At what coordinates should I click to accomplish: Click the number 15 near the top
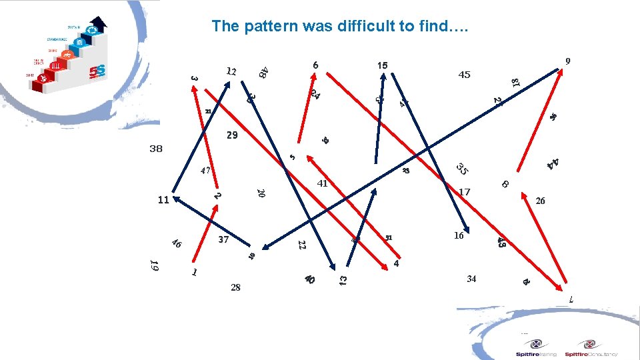coord(382,65)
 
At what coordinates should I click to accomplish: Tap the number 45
coord(464,75)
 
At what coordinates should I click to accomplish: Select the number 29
coord(231,135)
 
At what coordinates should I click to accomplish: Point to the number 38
coord(155,149)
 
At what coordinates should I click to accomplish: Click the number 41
coord(323,183)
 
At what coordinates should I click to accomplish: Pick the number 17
coord(464,192)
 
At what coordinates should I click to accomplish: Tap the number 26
coord(540,201)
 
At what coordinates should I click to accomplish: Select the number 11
coord(163,199)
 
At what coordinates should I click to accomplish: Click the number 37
coord(223,239)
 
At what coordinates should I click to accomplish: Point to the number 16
coord(459,235)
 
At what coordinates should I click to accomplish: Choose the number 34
coord(471,279)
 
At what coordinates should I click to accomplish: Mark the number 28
coord(235,287)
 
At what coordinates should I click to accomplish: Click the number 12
coord(231,71)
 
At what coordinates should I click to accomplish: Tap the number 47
coord(206,171)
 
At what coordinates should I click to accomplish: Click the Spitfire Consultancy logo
coord(591,348)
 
